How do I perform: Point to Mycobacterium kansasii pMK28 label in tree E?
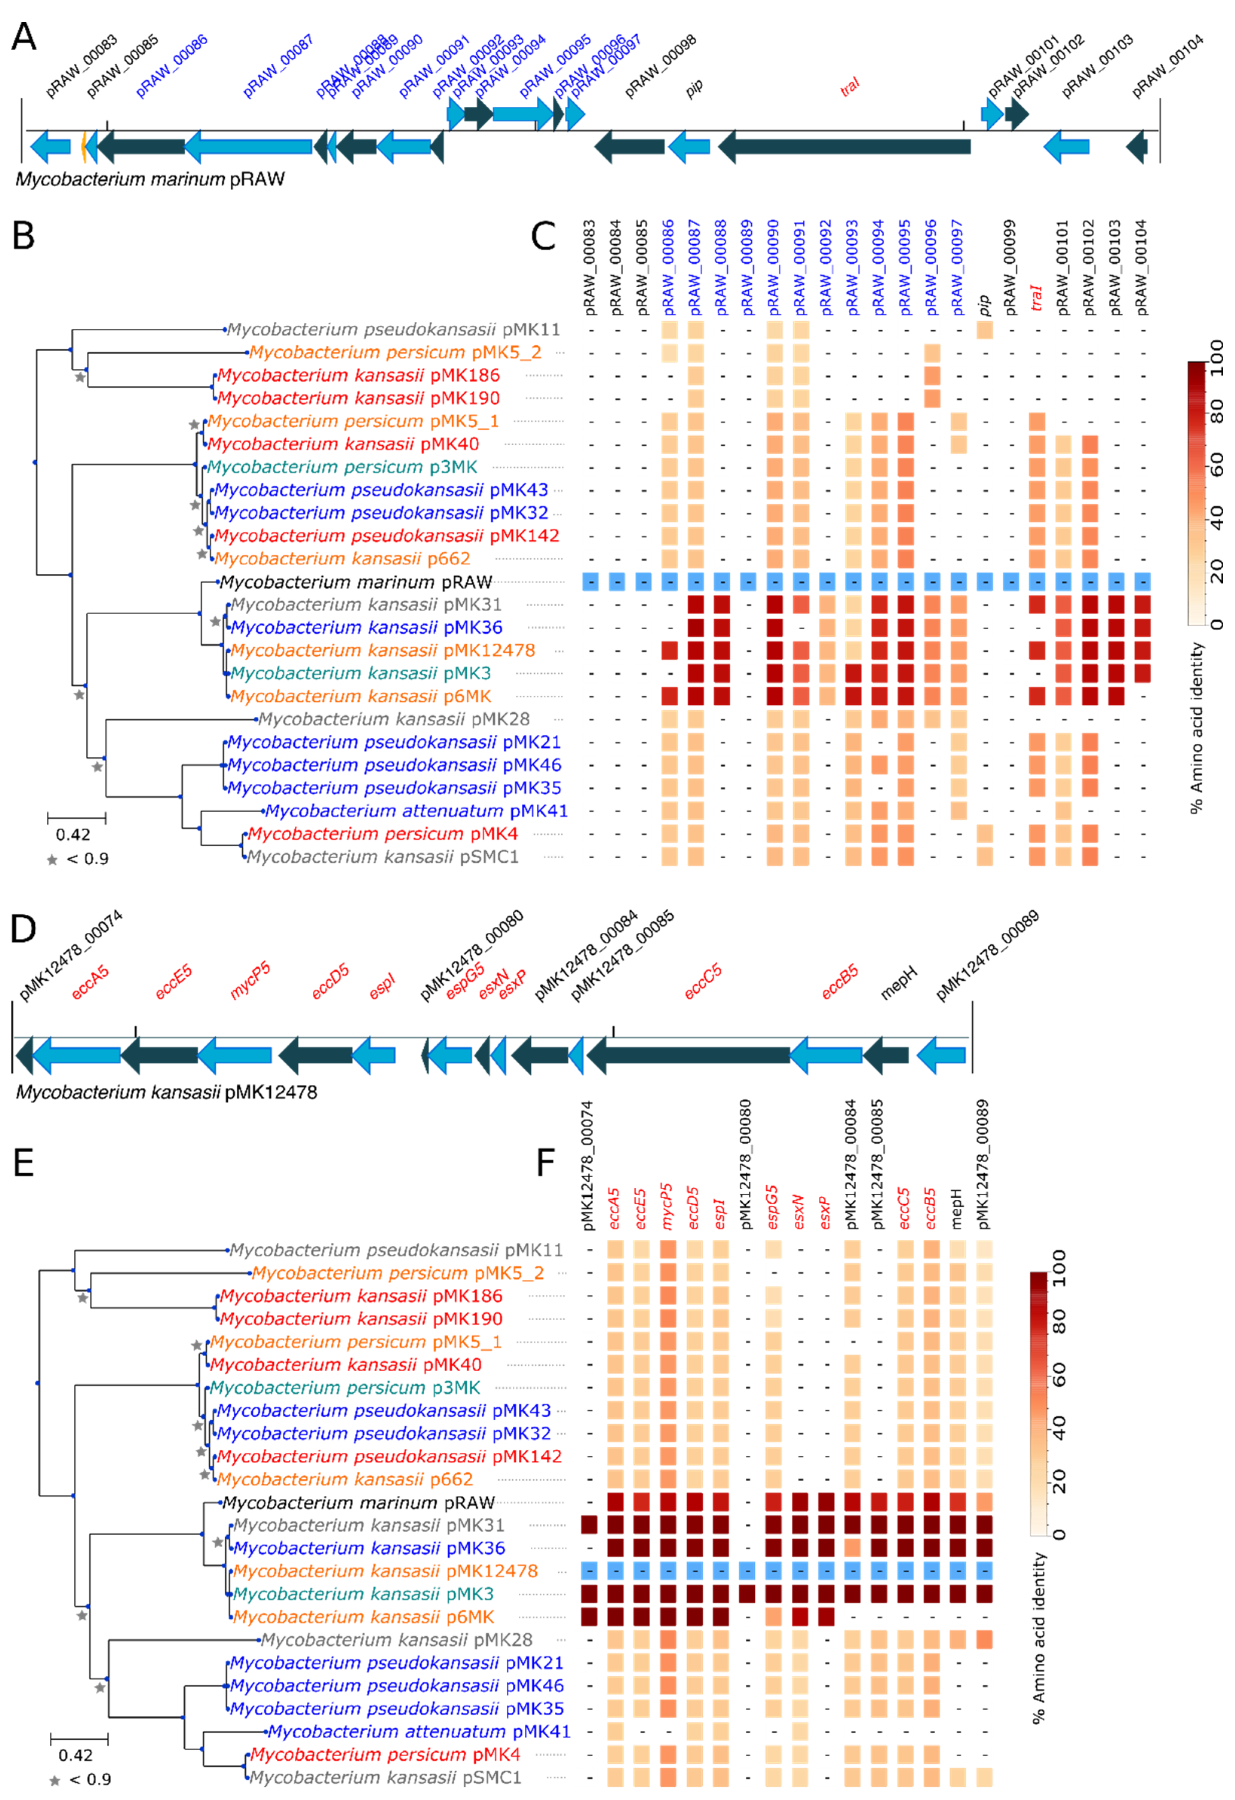(x=397, y=1640)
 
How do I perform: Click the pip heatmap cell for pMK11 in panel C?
(x=984, y=330)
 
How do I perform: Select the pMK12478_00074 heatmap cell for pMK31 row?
(x=589, y=1525)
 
